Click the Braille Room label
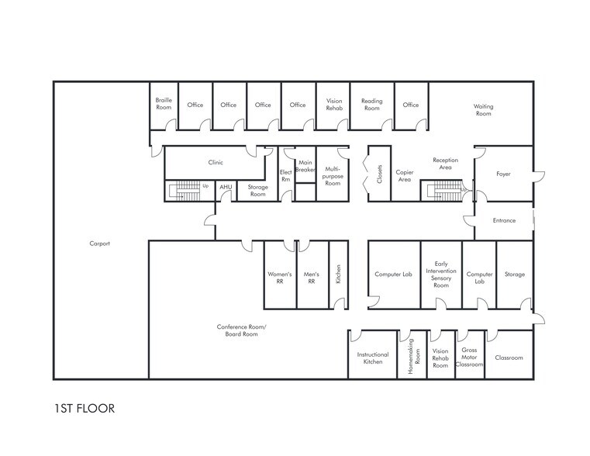click(164, 103)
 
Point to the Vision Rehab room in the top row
click(333, 105)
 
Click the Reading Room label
click(371, 105)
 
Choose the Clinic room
click(216, 163)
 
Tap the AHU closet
click(226, 187)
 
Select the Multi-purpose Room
click(332, 175)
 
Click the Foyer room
click(503, 174)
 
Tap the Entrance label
click(504, 220)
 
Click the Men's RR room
click(312, 278)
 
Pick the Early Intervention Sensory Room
click(440, 275)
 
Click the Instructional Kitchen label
click(372, 358)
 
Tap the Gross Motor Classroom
click(469, 357)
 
